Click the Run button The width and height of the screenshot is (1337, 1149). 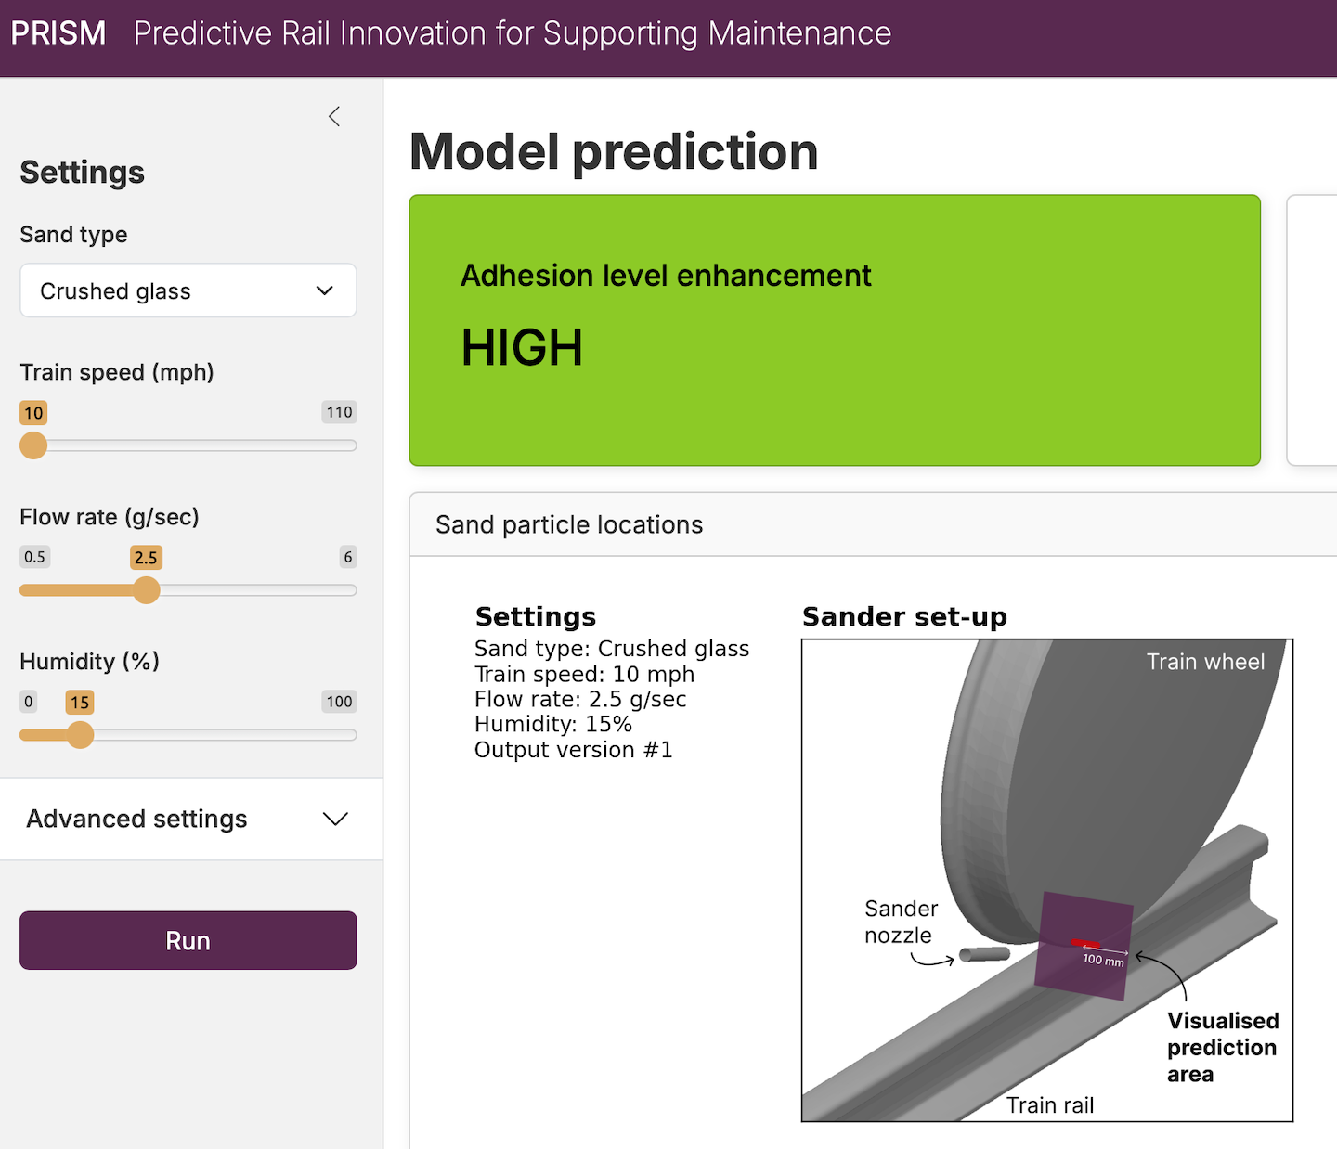[x=188, y=940]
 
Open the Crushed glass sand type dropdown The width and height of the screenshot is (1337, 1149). [x=188, y=290]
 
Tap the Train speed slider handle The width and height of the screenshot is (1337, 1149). [x=33, y=445]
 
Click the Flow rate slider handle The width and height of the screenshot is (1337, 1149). [x=146, y=590]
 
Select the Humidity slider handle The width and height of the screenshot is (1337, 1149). [x=80, y=735]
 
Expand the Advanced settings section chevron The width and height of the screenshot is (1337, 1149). [x=335, y=820]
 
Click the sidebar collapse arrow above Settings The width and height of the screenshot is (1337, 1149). [x=334, y=116]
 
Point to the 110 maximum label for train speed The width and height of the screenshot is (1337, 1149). [x=339, y=412]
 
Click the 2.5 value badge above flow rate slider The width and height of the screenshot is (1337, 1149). [x=146, y=558]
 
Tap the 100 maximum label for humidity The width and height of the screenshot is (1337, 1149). [x=339, y=702]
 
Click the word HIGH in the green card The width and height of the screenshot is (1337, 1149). [x=522, y=348]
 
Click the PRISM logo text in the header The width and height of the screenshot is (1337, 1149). [x=58, y=33]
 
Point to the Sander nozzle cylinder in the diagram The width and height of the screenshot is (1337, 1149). [x=984, y=954]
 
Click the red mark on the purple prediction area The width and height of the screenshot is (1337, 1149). [x=1084, y=943]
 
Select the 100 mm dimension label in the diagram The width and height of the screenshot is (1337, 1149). [x=1104, y=961]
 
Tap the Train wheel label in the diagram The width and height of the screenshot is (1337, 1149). [x=1206, y=662]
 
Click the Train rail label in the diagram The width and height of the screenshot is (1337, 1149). [x=1050, y=1105]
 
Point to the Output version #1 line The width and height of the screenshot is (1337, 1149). [x=574, y=750]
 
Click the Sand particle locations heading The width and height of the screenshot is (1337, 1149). [x=569, y=525]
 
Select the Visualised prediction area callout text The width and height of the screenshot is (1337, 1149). [x=1223, y=1048]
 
